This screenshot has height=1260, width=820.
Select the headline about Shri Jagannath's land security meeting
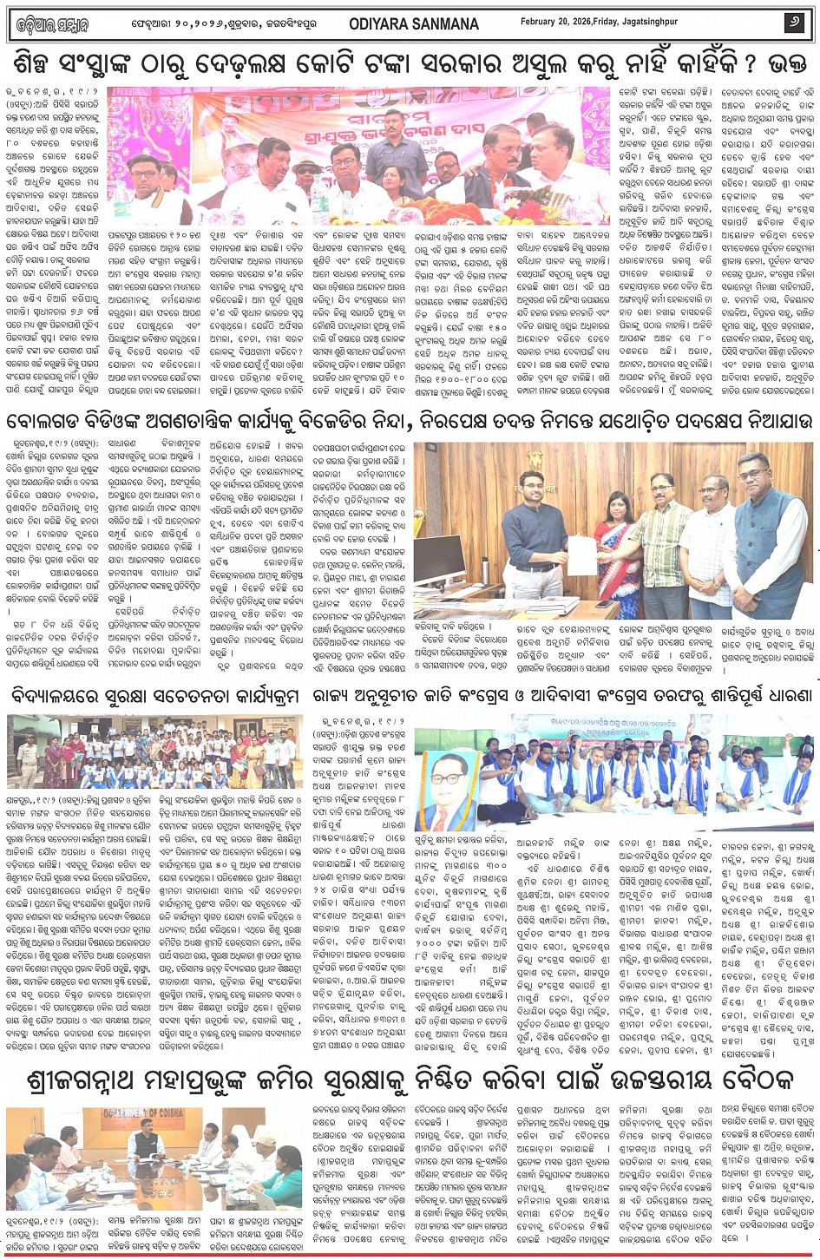(x=410, y=1081)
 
